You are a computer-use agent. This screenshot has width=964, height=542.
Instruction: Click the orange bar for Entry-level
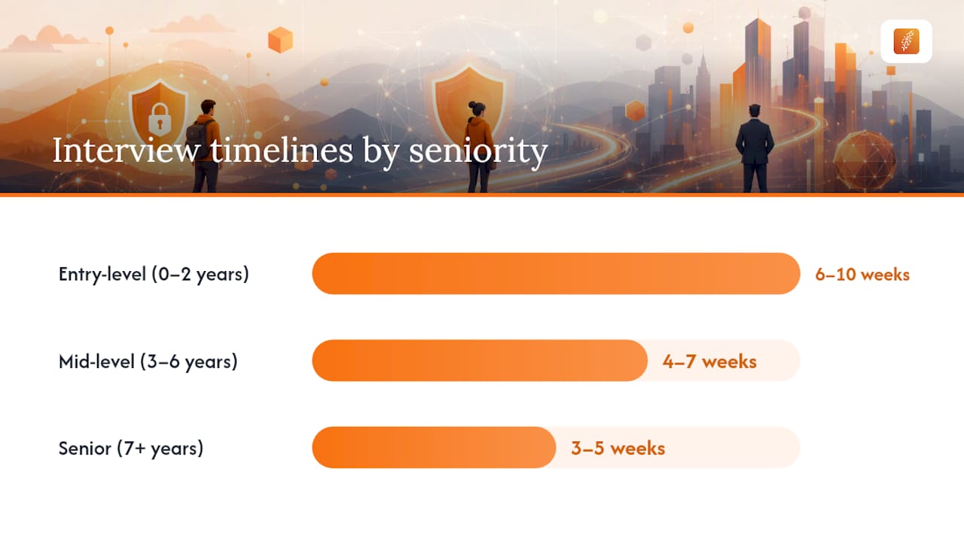pyautogui.click(x=556, y=273)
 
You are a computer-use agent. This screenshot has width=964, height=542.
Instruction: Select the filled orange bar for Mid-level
pyautogui.click(x=480, y=361)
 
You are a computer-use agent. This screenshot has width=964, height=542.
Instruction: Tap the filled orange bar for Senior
pyautogui.click(x=435, y=447)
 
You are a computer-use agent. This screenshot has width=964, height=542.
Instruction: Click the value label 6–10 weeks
pyautogui.click(x=862, y=275)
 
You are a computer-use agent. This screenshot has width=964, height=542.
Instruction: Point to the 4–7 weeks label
pyautogui.click(x=709, y=361)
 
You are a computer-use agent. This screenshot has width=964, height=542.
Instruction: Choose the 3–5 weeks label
pyautogui.click(x=618, y=448)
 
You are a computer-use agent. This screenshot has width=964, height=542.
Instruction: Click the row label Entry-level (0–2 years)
pyautogui.click(x=154, y=275)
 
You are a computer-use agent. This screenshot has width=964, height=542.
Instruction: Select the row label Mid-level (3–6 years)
pyautogui.click(x=148, y=361)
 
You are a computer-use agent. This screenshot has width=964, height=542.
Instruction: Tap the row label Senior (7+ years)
pyautogui.click(x=131, y=448)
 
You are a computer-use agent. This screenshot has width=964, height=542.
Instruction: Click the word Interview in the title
pyautogui.click(x=126, y=151)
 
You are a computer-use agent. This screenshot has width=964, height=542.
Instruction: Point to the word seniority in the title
pyautogui.click(x=478, y=153)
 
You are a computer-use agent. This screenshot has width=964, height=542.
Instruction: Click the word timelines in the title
pyautogui.click(x=282, y=151)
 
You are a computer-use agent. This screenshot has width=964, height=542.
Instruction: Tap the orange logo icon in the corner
pyautogui.click(x=906, y=41)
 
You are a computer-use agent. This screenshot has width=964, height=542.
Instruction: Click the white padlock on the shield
pyautogui.click(x=160, y=118)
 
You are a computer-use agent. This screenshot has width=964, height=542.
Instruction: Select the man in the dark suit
pyautogui.click(x=755, y=148)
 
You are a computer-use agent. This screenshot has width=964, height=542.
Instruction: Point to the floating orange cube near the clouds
pyautogui.click(x=281, y=40)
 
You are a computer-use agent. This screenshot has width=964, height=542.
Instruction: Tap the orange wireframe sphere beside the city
pyautogui.click(x=865, y=161)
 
